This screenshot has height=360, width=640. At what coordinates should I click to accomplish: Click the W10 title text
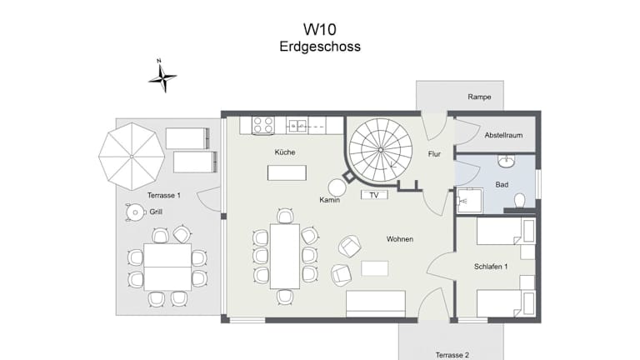320,29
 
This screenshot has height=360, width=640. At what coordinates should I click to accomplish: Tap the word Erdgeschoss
320,47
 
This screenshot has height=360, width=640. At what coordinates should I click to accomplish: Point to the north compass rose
162,77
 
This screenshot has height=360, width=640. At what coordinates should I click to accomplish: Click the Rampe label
479,97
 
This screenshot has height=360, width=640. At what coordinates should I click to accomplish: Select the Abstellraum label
503,135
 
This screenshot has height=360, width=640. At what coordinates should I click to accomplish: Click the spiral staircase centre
380,150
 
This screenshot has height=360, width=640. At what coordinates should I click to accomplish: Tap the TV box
374,195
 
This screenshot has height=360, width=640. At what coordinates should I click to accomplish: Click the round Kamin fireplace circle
337,187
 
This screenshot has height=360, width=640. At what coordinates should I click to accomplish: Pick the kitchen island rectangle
287,172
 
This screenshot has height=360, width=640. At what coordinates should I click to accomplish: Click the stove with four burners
262,125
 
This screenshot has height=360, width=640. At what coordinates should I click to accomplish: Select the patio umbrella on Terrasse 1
132,157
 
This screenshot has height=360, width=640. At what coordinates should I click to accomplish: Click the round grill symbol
135,212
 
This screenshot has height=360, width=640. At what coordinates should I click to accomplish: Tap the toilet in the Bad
519,201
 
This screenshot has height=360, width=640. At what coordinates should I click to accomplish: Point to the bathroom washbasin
506,161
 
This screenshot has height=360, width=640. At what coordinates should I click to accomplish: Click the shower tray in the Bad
470,200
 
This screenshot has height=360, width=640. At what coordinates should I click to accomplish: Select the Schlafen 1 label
491,267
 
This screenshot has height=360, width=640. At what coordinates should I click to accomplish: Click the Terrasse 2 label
452,355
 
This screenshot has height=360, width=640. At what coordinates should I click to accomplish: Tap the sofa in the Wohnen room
376,303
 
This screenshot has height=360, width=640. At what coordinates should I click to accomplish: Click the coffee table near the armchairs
375,268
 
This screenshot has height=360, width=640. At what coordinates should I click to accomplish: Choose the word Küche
285,152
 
